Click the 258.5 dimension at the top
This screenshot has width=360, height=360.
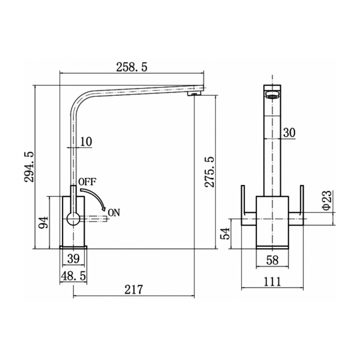[x=132, y=66]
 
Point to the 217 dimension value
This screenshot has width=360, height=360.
[x=134, y=289]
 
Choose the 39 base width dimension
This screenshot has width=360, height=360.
[x=73, y=258]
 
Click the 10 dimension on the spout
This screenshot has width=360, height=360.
[x=85, y=142]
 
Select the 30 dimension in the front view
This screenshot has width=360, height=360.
[x=289, y=132]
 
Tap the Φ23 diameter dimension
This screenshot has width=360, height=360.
[x=327, y=200]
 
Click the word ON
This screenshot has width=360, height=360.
[x=114, y=212]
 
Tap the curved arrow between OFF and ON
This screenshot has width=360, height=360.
[x=99, y=196]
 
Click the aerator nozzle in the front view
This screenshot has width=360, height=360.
[x=271, y=94]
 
